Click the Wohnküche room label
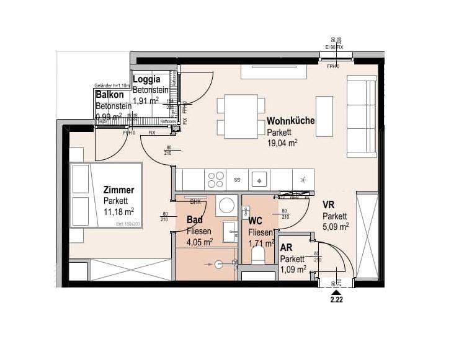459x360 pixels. [290, 121]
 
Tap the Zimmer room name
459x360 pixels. [118, 190]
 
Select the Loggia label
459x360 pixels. [147, 79]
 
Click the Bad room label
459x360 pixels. [195, 219]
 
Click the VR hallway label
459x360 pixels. [329, 205]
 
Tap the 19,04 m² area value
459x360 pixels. [282, 143]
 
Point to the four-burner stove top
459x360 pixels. [216, 180]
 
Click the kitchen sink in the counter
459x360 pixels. [258, 180]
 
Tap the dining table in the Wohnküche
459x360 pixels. [241, 116]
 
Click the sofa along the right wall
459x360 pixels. [362, 116]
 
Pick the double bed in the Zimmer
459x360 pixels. [106, 195]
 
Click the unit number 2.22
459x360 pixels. [336, 299]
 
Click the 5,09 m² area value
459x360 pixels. [335, 226]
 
